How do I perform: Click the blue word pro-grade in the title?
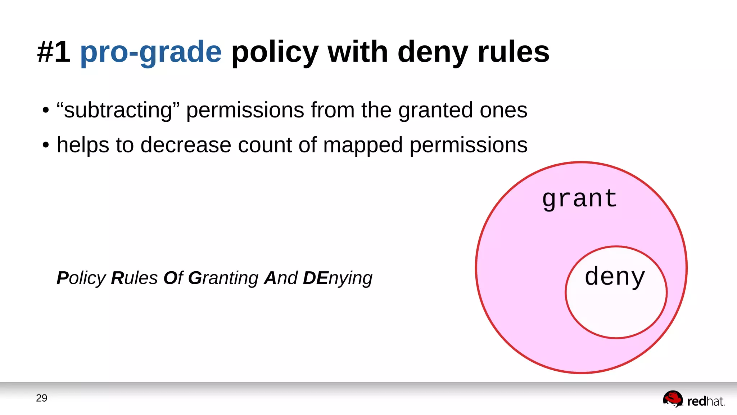(x=150, y=52)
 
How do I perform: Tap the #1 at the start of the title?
(x=54, y=52)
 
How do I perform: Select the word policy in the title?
(x=275, y=52)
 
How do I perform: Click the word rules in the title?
(x=513, y=52)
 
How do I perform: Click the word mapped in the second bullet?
(x=362, y=145)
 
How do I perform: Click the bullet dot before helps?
(x=45, y=146)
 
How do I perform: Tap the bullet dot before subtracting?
(x=45, y=111)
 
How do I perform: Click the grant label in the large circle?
(x=579, y=199)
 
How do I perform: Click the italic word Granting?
(x=223, y=278)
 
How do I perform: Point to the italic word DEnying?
(x=337, y=278)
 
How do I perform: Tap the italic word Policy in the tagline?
(x=81, y=278)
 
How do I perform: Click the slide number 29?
(x=41, y=398)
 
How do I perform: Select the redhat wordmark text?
(x=705, y=401)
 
